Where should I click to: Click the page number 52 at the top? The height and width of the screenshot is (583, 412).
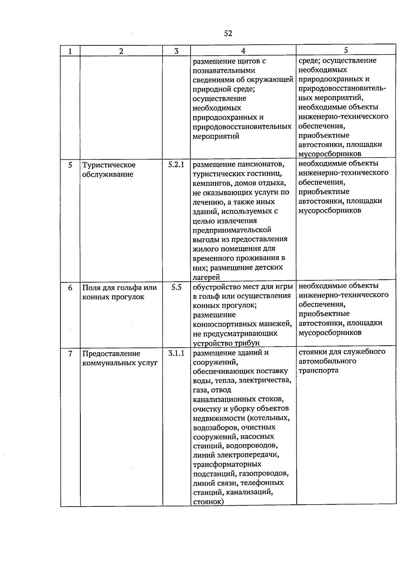(x=228, y=33)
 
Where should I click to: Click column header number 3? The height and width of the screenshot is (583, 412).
(x=176, y=51)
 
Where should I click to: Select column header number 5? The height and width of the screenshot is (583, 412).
(x=346, y=50)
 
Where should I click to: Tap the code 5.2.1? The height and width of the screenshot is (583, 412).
(x=176, y=165)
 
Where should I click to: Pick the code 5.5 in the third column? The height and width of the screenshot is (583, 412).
(x=176, y=287)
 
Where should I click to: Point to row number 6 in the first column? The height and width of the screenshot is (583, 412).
(x=70, y=288)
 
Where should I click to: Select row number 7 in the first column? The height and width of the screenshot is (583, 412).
(x=70, y=354)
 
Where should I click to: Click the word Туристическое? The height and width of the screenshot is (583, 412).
(x=109, y=165)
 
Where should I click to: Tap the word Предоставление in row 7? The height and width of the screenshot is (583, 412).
(x=111, y=354)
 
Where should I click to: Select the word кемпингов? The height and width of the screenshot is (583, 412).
(x=212, y=183)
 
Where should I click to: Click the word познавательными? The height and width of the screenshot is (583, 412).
(x=224, y=71)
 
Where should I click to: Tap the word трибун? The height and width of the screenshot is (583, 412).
(x=247, y=343)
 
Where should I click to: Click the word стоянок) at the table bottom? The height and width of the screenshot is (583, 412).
(x=208, y=502)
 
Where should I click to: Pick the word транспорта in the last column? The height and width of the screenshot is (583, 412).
(x=318, y=370)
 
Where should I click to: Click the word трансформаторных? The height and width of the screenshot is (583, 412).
(x=227, y=464)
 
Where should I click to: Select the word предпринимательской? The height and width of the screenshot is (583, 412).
(x=232, y=230)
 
